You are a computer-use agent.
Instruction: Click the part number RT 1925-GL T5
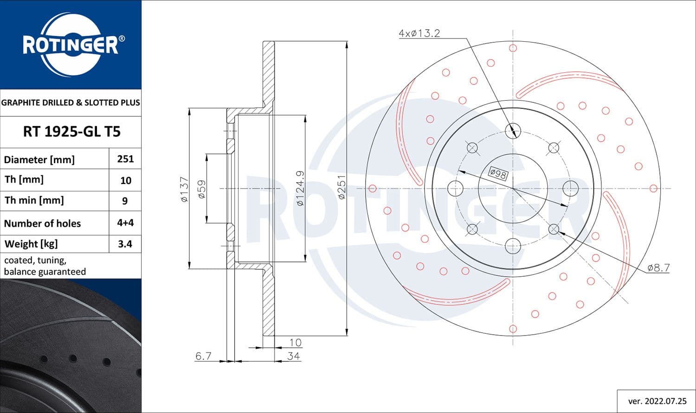pos(71,132)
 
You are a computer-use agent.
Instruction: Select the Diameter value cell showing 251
pos(125,159)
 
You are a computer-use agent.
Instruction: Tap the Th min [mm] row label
pos(34,200)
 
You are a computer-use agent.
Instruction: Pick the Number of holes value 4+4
pos(125,222)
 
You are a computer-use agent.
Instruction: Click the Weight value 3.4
pos(125,244)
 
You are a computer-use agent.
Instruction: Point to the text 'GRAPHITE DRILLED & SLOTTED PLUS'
pos(71,102)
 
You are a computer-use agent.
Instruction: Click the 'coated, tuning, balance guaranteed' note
pos(45,266)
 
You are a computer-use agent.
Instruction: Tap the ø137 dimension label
pos(184,189)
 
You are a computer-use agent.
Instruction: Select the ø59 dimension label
pos(201,189)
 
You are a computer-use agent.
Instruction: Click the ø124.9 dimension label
pos(300,188)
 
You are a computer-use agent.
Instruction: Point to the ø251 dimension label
pos(342,187)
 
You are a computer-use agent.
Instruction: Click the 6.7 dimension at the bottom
pos(203,356)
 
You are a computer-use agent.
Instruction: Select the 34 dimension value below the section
pos(293,356)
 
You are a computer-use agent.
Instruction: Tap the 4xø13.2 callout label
pos(419,33)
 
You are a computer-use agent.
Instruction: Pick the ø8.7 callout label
pos(658,267)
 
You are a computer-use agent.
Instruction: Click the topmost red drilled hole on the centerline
pos(513,48)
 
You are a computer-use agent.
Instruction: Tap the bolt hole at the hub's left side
pos(456,188)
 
